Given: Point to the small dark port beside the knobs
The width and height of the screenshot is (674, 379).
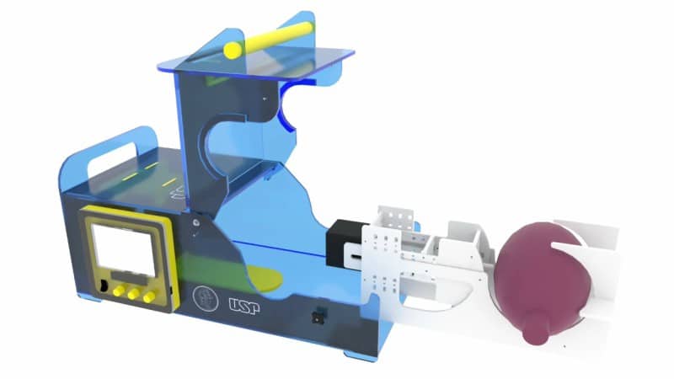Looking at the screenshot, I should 103,286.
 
